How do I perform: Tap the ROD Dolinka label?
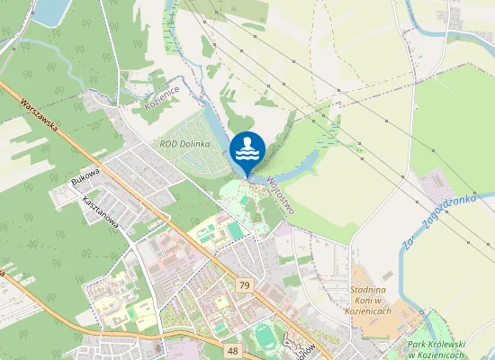(184, 144)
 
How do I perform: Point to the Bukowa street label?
(85, 175)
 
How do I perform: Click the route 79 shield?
(245, 285)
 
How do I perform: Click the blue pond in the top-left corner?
(49, 9)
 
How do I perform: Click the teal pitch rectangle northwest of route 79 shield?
(235, 231)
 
